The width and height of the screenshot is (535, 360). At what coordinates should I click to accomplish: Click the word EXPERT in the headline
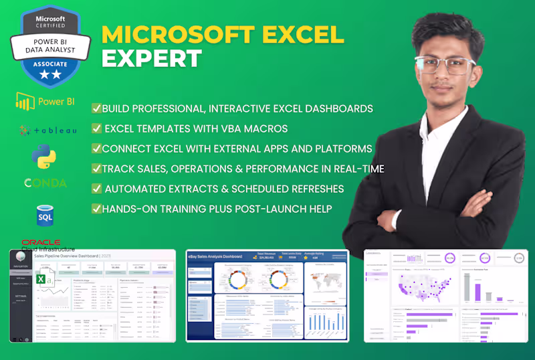152,58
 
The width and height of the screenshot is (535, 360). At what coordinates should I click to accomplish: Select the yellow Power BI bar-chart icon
25,102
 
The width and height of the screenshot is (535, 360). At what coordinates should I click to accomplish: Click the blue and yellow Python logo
43,157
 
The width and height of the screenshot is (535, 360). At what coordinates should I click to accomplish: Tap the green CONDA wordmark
45,183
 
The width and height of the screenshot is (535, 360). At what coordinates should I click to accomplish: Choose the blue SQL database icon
45,215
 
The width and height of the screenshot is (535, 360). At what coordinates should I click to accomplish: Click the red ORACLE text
41,242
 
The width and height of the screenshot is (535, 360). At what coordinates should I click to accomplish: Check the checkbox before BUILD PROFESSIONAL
97,108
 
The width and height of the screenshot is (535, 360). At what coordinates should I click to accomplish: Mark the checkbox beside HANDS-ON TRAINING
97,209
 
